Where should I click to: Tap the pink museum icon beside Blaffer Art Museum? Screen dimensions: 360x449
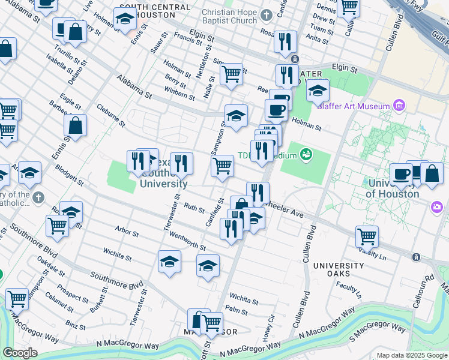tap(400, 106)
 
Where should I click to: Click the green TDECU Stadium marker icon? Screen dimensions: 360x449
tap(306, 155)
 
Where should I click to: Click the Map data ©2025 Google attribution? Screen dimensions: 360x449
tap(412, 356)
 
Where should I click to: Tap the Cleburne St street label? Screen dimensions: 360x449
tap(110, 116)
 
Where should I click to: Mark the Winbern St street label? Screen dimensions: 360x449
tap(180, 94)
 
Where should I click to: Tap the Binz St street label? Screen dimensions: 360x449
tap(76, 325)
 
